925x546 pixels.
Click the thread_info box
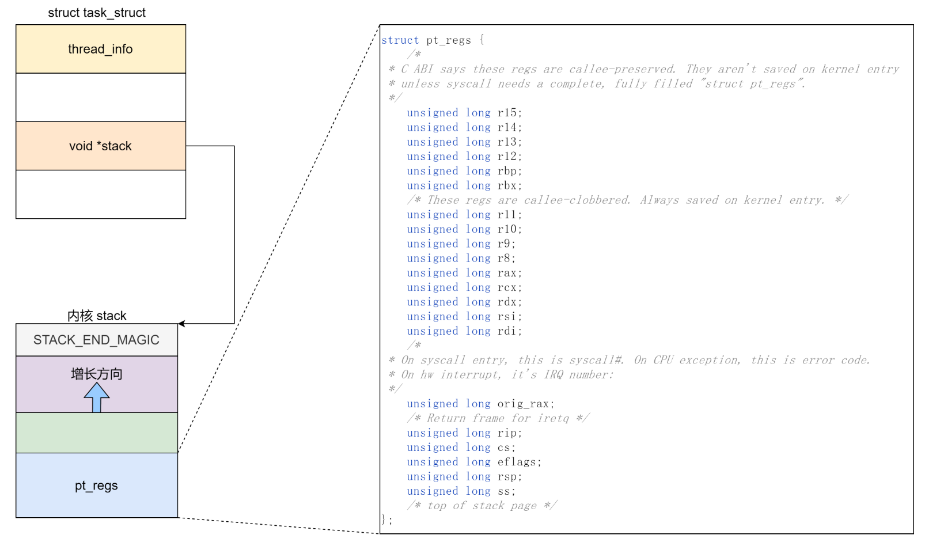101,49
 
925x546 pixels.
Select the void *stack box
101,146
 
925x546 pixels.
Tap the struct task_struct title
97,13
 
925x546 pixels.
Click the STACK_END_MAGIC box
97,340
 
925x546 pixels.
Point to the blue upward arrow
97,397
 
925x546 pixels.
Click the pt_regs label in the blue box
96,486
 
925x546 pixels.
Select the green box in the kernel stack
97,433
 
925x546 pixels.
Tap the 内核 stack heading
97,316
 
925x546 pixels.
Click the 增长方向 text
97,374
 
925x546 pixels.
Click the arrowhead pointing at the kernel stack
181,324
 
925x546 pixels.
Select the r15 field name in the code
507,113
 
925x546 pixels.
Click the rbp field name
507,171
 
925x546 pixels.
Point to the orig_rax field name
523,404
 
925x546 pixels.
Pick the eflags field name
517,462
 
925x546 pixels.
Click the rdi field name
507,331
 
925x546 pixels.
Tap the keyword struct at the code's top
400,40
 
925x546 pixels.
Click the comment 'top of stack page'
482,506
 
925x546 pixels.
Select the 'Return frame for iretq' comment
498,418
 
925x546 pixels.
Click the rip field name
507,433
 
